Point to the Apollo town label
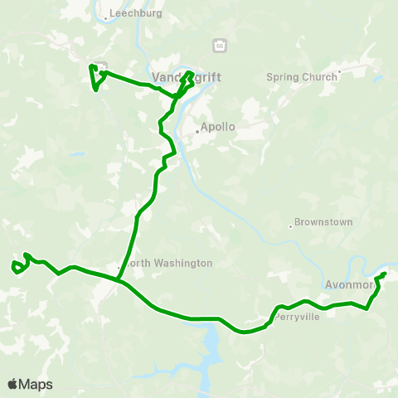[x=219, y=129]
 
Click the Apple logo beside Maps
[x=13, y=384]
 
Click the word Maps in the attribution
[x=36, y=384]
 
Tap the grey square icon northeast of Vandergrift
[x=220, y=45]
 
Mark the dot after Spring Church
[x=338, y=77]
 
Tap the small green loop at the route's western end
[x=16, y=266]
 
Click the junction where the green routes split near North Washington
[x=119, y=279]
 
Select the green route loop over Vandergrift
[x=189, y=80]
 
